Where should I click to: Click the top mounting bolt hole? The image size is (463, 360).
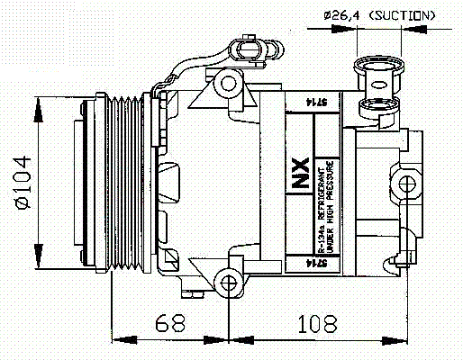point(228,85)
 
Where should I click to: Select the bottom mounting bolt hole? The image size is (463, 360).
point(228,285)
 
